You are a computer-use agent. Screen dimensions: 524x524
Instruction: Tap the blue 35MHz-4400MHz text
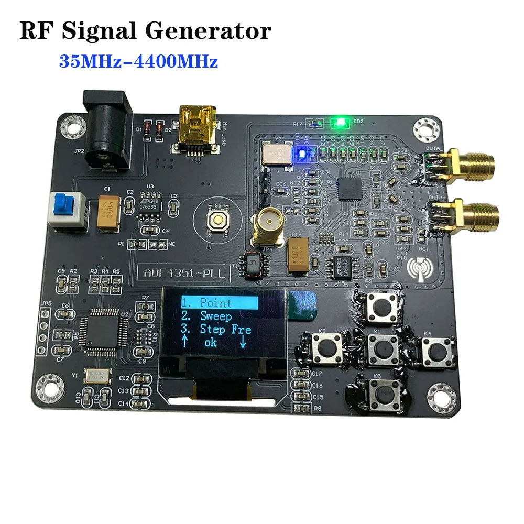click(x=138, y=62)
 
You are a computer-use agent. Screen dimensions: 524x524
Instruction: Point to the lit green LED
click(x=340, y=123)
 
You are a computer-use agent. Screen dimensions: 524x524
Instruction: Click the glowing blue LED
click(x=301, y=154)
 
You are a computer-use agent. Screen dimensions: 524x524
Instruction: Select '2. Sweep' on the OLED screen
click(x=206, y=316)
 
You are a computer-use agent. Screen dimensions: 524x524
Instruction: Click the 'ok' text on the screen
click(x=210, y=343)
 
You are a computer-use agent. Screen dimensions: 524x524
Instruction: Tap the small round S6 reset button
click(x=217, y=220)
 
